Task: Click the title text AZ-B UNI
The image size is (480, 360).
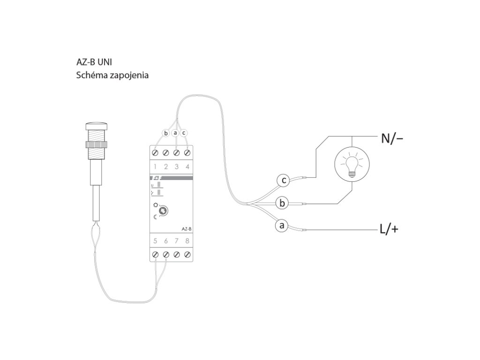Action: pos(94,62)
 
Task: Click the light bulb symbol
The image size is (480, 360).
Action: pos(352,164)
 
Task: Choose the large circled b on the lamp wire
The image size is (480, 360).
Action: pos(282,203)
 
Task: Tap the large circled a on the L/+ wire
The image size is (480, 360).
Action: pos(282,225)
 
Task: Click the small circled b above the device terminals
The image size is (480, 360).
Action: pos(165,133)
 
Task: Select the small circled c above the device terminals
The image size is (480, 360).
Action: pos(184,133)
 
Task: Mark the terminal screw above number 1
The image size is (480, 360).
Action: pos(155,152)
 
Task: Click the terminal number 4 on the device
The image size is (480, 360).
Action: pos(187,166)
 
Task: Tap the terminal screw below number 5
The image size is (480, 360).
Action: pos(155,254)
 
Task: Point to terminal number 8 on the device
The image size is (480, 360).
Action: pos(187,241)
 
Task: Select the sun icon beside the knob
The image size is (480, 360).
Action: pos(156,205)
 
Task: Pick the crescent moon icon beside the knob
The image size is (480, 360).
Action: pos(155,217)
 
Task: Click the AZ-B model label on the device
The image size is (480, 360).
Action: pos(186,229)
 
